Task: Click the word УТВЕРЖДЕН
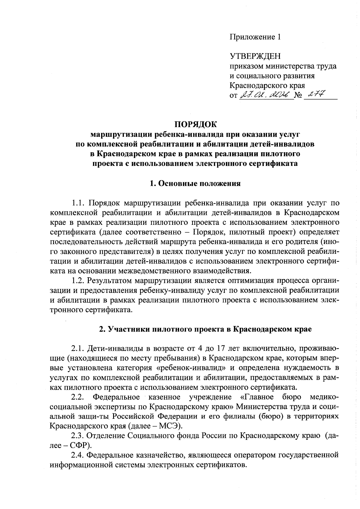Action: tap(255, 56)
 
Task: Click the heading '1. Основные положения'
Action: tap(195, 183)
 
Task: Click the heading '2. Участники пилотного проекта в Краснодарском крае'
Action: tap(205, 329)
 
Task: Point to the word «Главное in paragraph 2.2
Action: tap(257, 397)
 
